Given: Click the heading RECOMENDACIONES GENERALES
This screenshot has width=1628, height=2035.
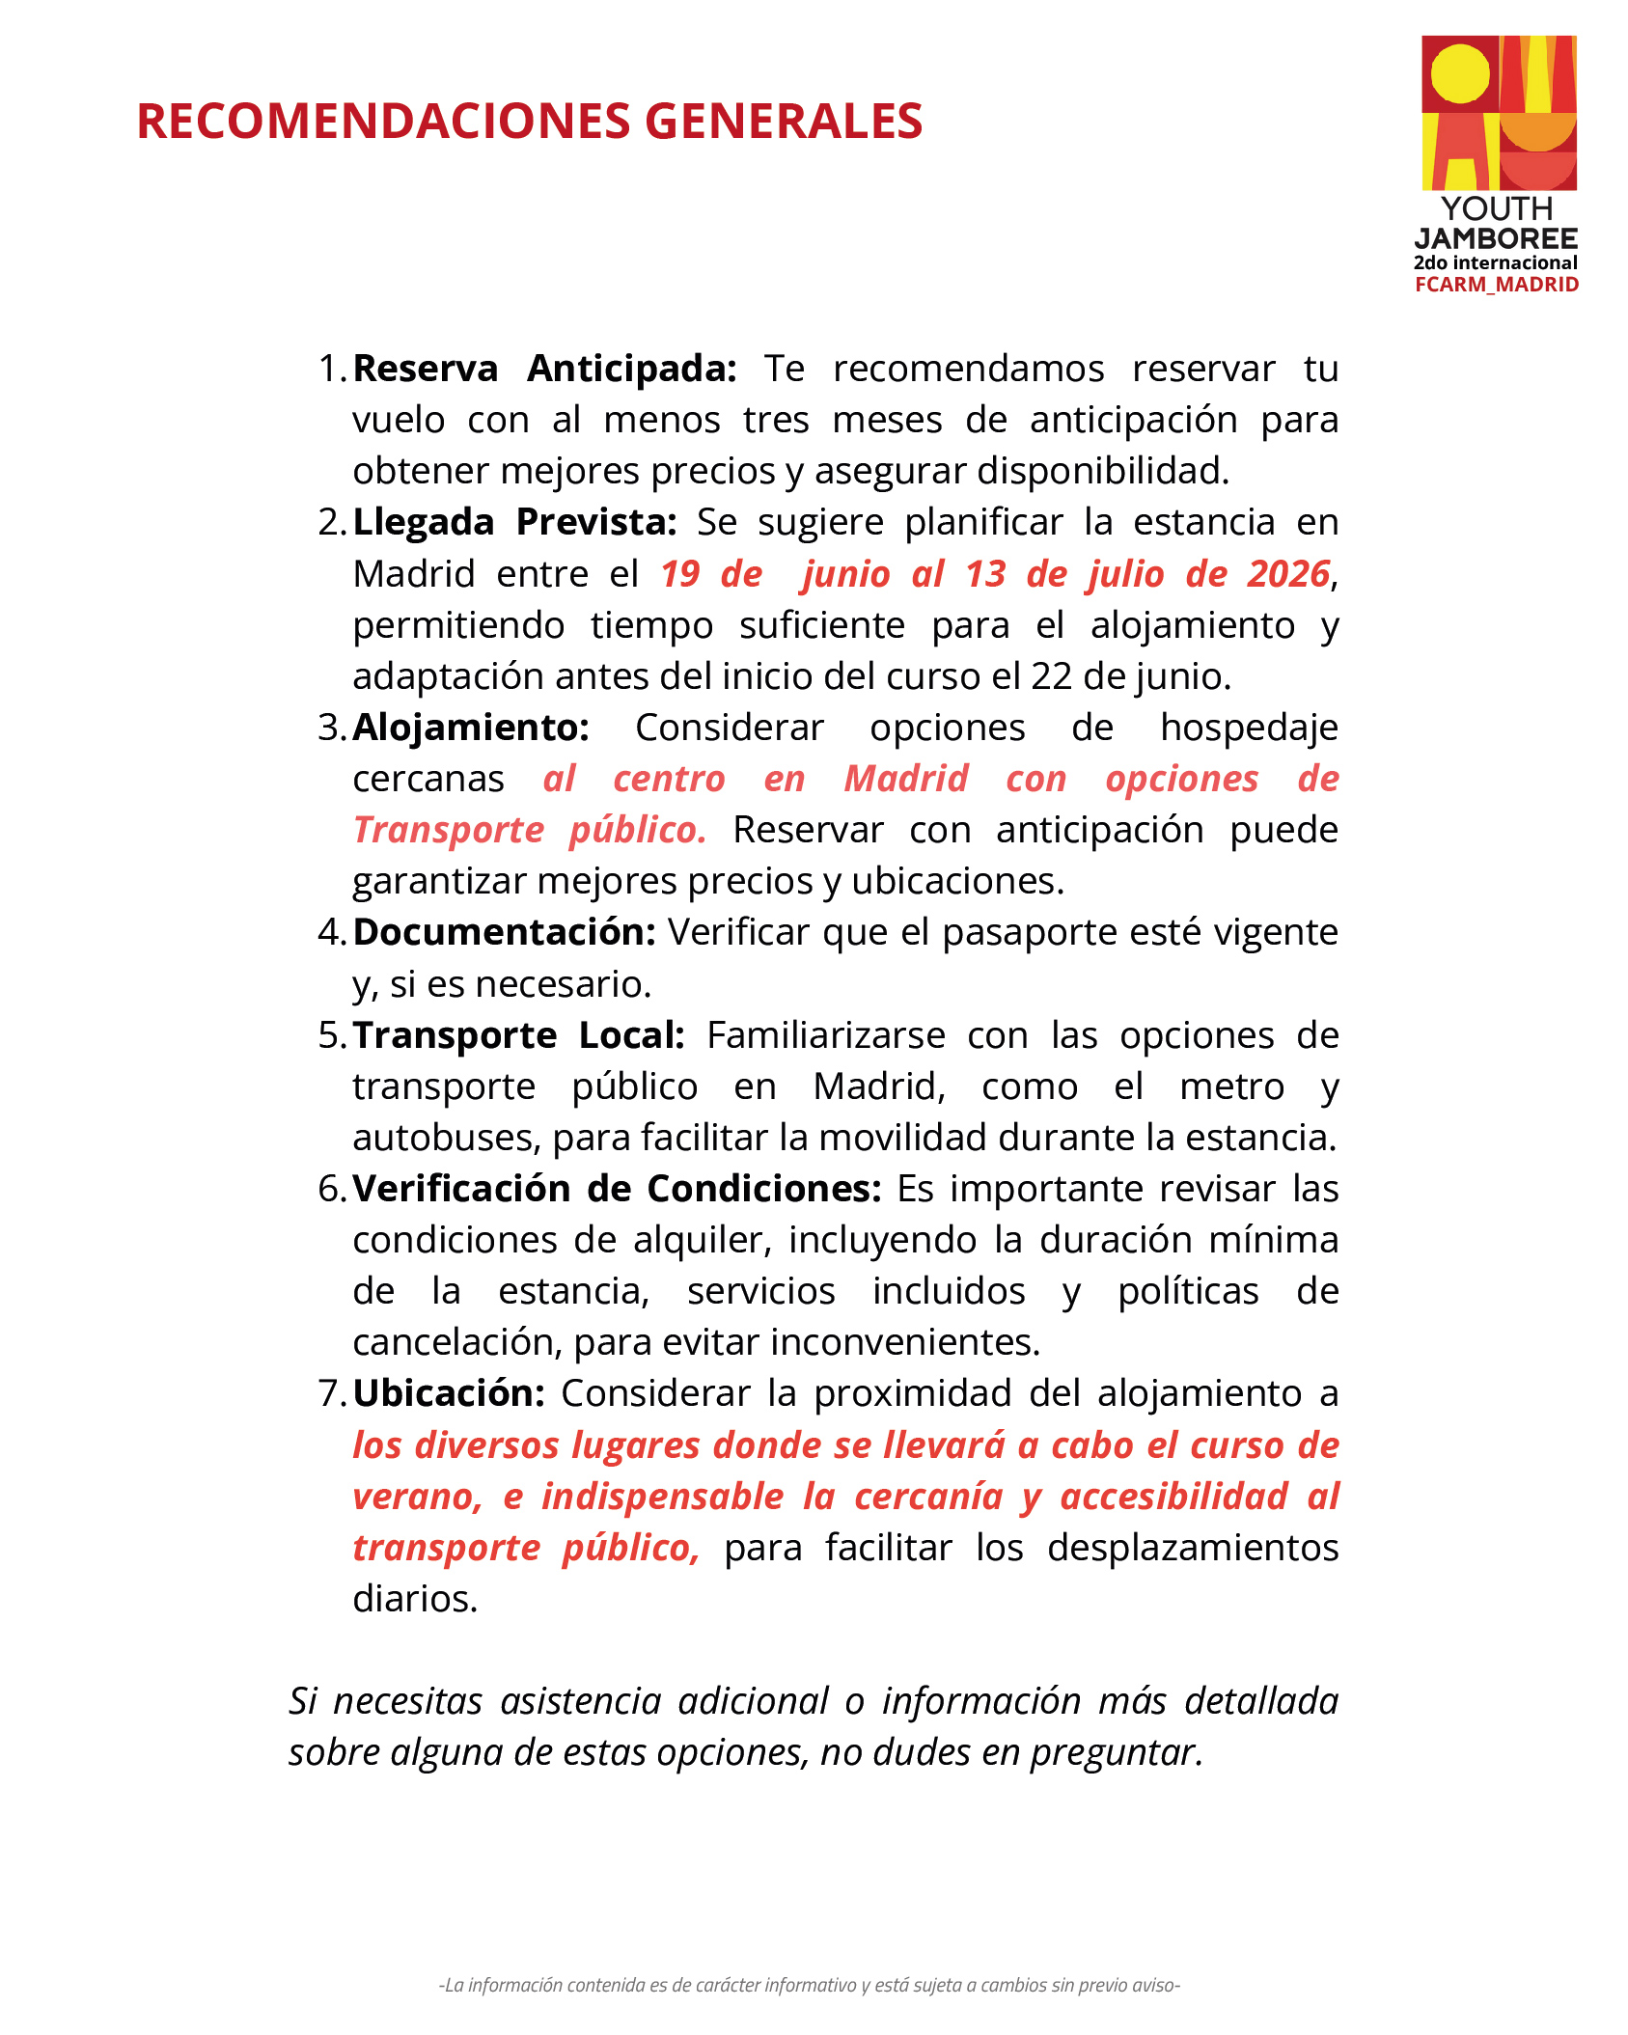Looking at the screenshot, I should [529, 122].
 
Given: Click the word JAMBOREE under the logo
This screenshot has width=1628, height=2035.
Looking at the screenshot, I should [1496, 238].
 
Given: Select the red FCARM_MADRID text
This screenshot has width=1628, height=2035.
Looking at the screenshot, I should [1497, 285].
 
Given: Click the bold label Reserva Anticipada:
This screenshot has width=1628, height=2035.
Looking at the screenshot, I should [544, 369].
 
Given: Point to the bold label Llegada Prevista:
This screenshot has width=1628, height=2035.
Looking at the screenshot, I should [514, 522].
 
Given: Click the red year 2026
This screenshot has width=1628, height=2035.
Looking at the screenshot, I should [1288, 574].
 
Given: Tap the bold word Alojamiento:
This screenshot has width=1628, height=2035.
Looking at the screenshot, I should [471, 728].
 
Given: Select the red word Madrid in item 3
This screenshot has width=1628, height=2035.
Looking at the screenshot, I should [906, 779].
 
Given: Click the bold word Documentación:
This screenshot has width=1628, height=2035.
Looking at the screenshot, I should [504, 932].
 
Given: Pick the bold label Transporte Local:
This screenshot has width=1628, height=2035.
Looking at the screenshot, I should [518, 1035].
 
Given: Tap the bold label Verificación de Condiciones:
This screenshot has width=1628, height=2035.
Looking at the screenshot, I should [617, 1189].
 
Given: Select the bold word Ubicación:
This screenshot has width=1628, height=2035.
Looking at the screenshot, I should [449, 1393].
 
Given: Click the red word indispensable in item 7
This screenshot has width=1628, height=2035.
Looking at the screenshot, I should [662, 1497].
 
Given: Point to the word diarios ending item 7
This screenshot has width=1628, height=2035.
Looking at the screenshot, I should [415, 1599].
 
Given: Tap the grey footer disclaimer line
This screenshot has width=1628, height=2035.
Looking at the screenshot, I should [809, 1985].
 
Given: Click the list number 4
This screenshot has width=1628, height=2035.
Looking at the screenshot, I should [328, 932].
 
